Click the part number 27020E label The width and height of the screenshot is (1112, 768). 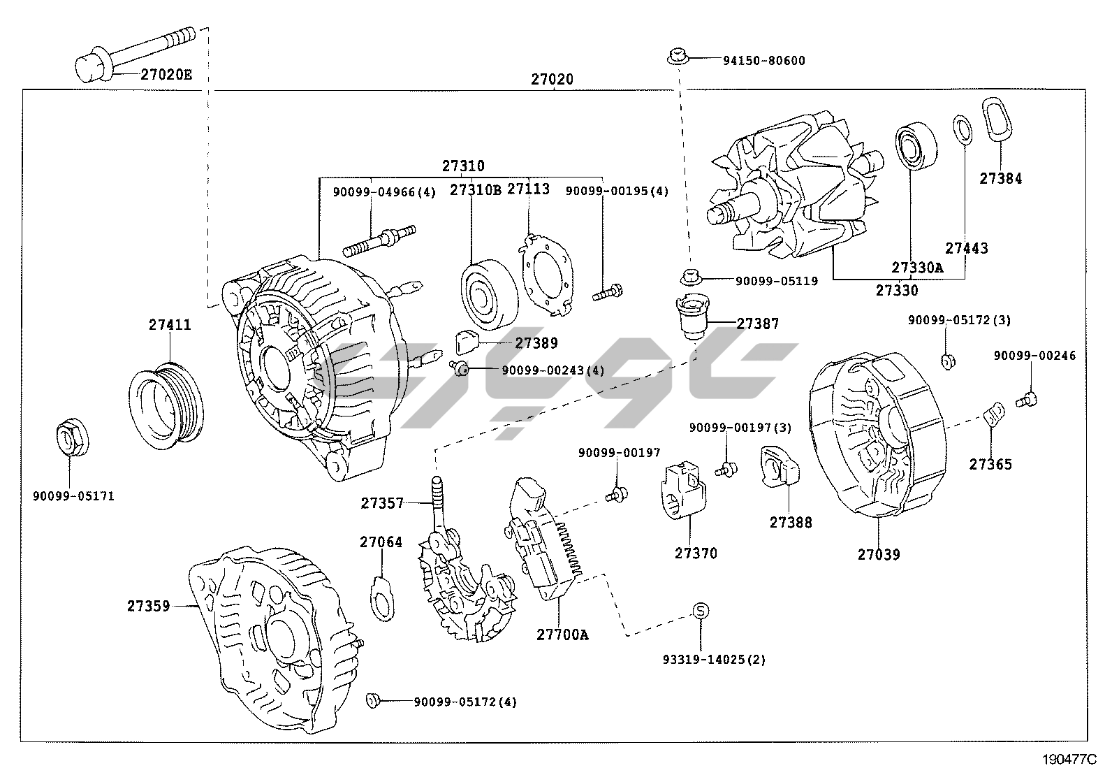click(x=166, y=73)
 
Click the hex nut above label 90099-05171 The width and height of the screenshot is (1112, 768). click(x=71, y=439)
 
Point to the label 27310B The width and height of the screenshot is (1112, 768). click(x=475, y=190)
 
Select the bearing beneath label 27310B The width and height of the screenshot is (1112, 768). click(x=488, y=294)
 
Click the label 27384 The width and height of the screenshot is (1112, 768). click(x=1000, y=178)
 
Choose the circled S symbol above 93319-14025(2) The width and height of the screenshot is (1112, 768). click(x=701, y=611)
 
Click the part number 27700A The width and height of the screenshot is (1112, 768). click(x=562, y=635)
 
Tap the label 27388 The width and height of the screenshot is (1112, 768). click(x=791, y=522)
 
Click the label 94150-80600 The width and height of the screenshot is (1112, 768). click(x=763, y=61)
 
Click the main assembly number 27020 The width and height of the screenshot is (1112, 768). click(x=552, y=79)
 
